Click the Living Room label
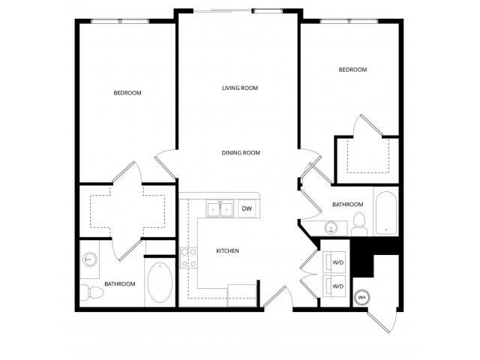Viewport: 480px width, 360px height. pyautogui.click(x=240, y=88)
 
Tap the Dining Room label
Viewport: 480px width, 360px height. pyautogui.click(x=241, y=153)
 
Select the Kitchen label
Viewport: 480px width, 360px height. pyautogui.click(x=227, y=250)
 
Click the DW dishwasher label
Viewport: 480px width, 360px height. pyautogui.click(x=247, y=209)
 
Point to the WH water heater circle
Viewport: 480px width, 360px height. pyautogui.click(x=361, y=297)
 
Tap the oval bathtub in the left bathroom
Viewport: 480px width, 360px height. pyautogui.click(x=159, y=283)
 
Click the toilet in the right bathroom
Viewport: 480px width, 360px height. pyautogui.click(x=359, y=222)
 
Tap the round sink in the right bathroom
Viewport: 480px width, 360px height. pyautogui.click(x=332, y=226)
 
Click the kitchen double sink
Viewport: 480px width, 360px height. pyautogui.click(x=220, y=209)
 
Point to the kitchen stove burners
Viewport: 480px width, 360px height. pyautogui.click(x=188, y=258)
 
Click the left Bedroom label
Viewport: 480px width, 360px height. pyautogui.click(x=127, y=93)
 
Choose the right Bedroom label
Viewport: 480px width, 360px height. pyautogui.click(x=352, y=70)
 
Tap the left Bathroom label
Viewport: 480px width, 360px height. pyautogui.click(x=120, y=284)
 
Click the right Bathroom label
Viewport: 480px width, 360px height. pyautogui.click(x=348, y=205)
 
